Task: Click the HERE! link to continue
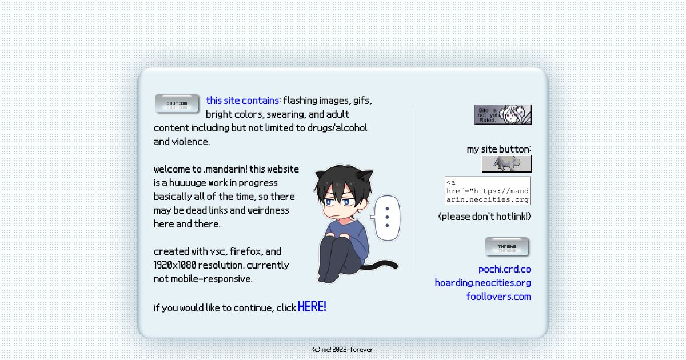(312, 307)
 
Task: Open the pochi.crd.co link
(504, 269)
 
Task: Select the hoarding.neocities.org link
(482, 283)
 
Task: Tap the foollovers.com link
(498, 297)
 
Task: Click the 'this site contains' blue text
(242, 101)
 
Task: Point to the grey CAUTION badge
(177, 104)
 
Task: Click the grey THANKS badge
(507, 247)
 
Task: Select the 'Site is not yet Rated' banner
(502, 115)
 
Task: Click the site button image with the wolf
(506, 164)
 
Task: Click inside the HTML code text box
(487, 190)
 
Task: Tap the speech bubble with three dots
(386, 217)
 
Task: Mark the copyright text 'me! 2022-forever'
(342, 350)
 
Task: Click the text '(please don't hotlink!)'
(484, 217)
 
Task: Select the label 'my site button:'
(498, 149)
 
